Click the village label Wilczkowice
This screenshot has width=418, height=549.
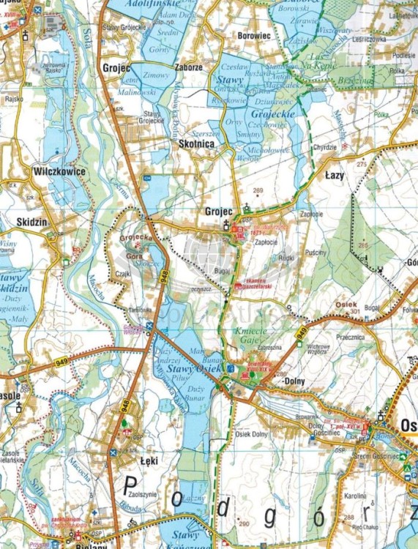tap(60, 171)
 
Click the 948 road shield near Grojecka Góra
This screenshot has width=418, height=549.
tap(163, 274)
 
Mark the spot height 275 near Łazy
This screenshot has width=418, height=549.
tap(360, 165)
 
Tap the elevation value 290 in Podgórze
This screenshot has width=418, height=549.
tap(243, 524)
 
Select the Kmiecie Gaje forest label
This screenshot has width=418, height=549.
tap(253, 335)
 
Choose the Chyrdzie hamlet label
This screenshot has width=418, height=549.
tap(325, 146)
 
